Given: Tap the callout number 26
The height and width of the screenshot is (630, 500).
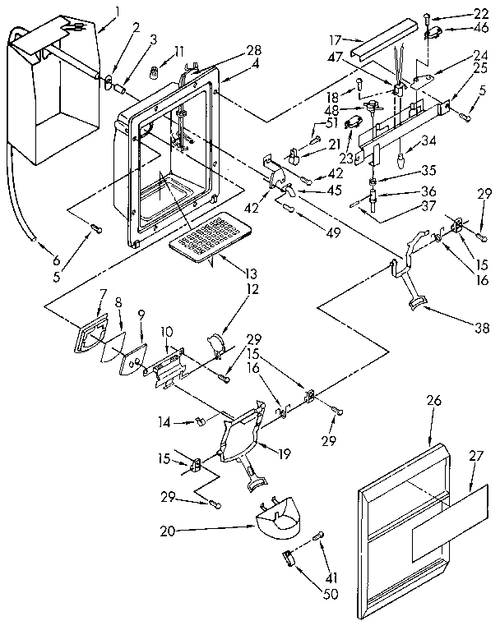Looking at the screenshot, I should [x=434, y=401].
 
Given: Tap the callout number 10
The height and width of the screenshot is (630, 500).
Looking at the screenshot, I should [x=166, y=331].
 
